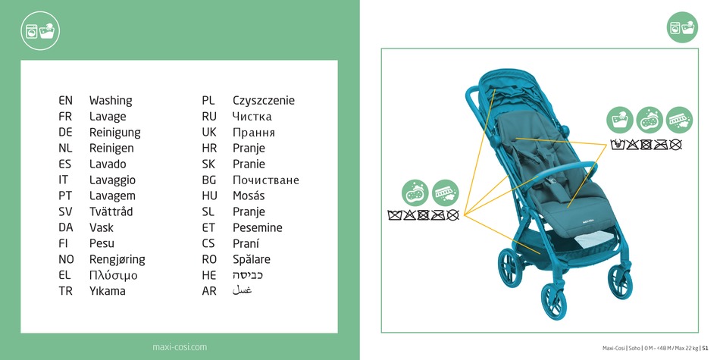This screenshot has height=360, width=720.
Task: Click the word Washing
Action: (111, 101)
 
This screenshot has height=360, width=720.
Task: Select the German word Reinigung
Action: (114, 133)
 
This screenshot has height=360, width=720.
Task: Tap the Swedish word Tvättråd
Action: (111, 211)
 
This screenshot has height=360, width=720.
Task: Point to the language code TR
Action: (66, 291)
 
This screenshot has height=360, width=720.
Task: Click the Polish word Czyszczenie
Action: (264, 101)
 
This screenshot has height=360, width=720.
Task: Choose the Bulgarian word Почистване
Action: (266, 180)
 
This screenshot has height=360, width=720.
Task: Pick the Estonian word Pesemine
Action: (258, 228)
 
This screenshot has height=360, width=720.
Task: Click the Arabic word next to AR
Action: (242, 291)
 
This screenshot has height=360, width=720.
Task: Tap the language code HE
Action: (209, 276)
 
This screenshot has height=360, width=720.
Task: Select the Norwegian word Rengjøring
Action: (117, 260)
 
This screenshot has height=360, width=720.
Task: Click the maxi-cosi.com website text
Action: (180, 347)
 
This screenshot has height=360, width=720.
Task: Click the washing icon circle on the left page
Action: (40, 31)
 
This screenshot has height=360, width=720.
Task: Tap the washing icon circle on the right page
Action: (682, 27)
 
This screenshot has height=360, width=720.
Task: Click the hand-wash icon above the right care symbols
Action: (620, 121)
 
